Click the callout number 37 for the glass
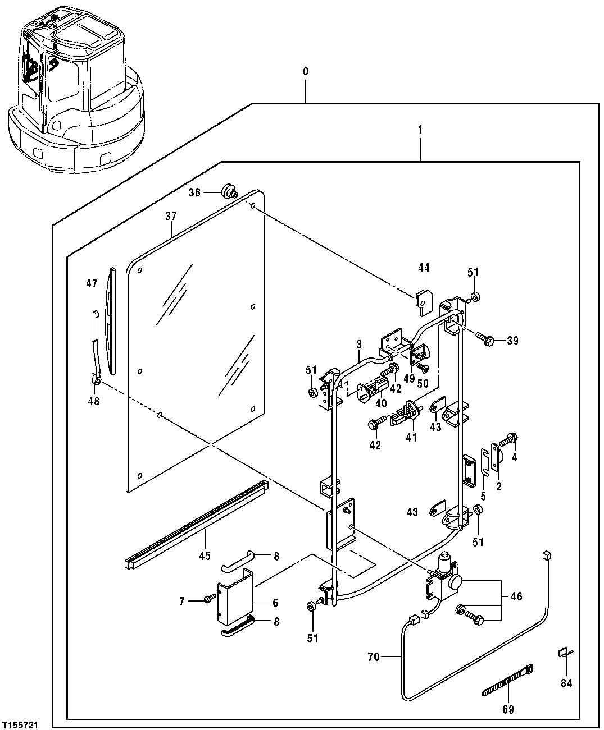click(x=171, y=216)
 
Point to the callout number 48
click(x=94, y=401)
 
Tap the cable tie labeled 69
click(x=507, y=681)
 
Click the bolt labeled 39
click(x=485, y=339)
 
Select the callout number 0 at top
click(x=306, y=72)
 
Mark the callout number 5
click(x=483, y=497)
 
